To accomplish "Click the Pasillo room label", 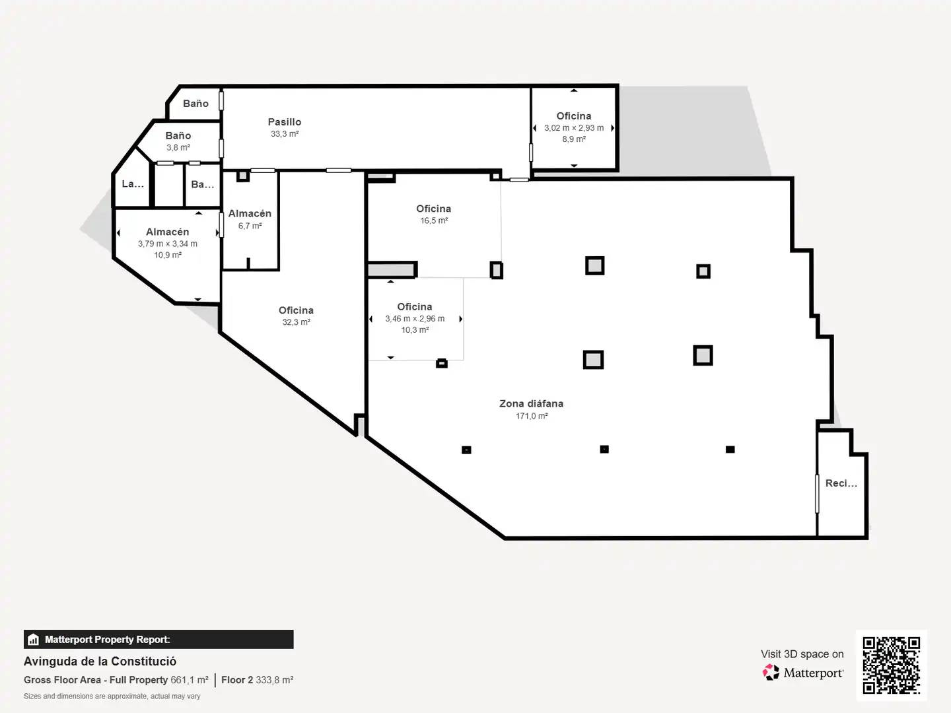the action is pos(284,122).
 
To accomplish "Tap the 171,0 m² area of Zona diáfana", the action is pos(532,416).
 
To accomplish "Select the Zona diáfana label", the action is pos(531,403).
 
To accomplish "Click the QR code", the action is pos(891,665).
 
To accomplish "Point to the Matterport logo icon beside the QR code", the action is pos(771,672).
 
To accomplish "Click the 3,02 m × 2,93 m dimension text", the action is pos(574,128).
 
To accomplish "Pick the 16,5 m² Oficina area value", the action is pos(434,221).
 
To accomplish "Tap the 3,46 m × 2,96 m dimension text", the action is pos(415,319).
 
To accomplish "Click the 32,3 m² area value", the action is pos(296,322).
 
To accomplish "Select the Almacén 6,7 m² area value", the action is pos(250,226).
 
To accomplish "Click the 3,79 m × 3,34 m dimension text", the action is pos(167,244).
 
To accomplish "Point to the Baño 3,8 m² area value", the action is pos(178,148).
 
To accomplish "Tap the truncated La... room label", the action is pos(133,184).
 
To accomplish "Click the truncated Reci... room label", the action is pos(841,483).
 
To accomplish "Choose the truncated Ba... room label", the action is pos(202,184).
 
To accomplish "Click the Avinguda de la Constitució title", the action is pos(100,662).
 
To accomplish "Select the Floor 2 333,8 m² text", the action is pos(258,680).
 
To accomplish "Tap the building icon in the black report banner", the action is pos(34,640).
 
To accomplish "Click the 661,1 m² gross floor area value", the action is pos(190,680).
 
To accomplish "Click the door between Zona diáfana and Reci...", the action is pos(817,494).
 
